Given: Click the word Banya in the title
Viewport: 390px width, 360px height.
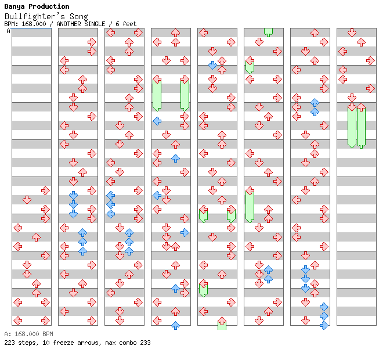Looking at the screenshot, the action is (14, 7).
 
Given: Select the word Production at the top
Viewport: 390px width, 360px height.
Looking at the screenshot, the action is (49, 6).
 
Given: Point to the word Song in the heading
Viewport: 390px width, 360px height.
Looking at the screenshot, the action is (78, 16).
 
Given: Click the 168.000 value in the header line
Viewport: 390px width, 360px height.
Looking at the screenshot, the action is (34, 24).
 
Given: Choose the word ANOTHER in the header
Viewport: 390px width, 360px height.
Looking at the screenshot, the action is (68, 24).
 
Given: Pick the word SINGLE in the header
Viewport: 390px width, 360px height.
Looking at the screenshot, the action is (95, 24).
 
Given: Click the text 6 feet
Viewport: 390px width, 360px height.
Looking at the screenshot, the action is (126, 24).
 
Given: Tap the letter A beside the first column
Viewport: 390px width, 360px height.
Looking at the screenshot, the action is (8, 31).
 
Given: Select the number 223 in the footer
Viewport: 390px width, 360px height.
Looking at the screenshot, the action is (9, 343).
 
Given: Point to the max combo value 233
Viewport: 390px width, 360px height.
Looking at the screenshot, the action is (145, 343).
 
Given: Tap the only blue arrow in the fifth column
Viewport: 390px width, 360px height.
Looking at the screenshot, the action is (212, 65).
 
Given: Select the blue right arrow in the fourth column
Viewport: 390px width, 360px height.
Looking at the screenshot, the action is (185, 233).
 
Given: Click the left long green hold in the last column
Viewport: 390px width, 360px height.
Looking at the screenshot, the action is (352, 125).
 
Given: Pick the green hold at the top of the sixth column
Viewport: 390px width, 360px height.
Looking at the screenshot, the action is (268, 33).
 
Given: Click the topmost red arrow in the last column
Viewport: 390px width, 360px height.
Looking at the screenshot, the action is (352, 33).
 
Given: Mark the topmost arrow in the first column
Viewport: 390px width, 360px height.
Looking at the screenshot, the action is (45, 191).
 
